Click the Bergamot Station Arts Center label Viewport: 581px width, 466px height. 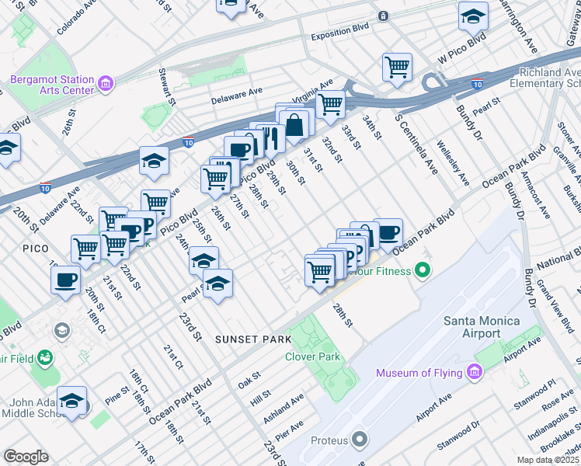click(x=51, y=85)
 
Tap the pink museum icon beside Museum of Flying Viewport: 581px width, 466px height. click(x=473, y=374)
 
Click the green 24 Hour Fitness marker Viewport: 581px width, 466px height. click(x=422, y=271)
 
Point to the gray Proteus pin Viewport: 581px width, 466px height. click(x=359, y=440)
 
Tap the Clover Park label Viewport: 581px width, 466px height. click(x=313, y=356)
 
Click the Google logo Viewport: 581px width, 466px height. click(x=26, y=457)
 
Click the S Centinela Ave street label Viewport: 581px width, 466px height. click(x=416, y=143)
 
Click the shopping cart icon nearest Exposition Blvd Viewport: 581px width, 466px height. click(x=397, y=67)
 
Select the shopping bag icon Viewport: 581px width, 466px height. click(x=295, y=123)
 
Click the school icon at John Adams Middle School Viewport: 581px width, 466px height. click(x=71, y=401)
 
